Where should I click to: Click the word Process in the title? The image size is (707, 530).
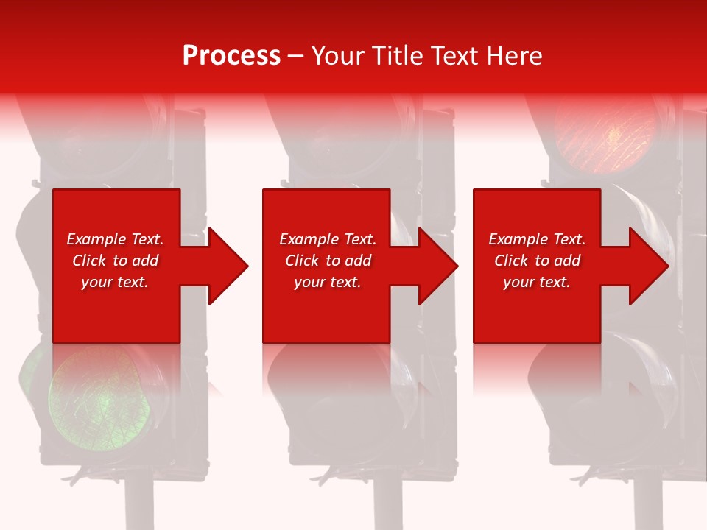pos(231,56)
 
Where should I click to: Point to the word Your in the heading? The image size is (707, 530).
pos(338,56)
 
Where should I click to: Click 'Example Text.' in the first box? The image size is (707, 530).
pos(115,239)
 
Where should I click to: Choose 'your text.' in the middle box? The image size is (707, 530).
pos(327,282)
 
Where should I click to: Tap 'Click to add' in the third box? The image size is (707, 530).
pos(537,261)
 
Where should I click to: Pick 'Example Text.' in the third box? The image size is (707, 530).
pos(537,239)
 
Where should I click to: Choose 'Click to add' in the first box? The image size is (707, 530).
pos(115,261)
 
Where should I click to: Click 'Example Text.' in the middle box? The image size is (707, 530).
pos(327,239)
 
